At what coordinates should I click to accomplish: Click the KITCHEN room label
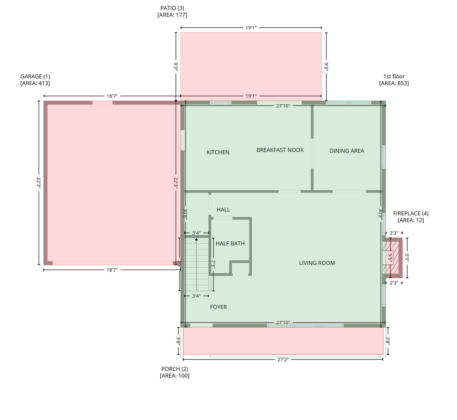click(x=218, y=152)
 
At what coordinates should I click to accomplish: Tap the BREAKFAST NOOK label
click(x=280, y=150)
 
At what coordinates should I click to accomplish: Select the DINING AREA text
click(x=347, y=151)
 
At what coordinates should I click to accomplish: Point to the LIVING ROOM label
click(x=317, y=263)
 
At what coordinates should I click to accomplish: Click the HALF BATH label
click(x=230, y=244)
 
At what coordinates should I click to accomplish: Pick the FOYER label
click(x=218, y=307)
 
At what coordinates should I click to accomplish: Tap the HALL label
click(x=223, y=210)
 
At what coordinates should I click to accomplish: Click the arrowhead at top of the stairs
click(x=196, y=239)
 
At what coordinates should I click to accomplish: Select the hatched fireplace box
click(x=392, y=258)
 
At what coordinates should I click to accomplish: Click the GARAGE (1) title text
click(x=35, y=77)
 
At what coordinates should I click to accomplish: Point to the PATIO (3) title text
click(x=172, y=8)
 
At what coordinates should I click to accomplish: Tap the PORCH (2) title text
click(x=175, y=369)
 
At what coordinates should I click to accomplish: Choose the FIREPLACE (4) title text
click(x=411, y=214)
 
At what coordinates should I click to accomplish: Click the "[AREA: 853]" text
click(x=394, y=83)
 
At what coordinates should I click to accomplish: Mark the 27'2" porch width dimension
click(x=283, y=360)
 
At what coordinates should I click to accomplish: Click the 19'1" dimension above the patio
click(x=251, y=28)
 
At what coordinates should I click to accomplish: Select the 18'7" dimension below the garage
click(x=112, y=270)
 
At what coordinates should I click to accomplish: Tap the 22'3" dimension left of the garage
click(x=39, y=183)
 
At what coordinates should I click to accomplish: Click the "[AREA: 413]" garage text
click(x=35, y=83)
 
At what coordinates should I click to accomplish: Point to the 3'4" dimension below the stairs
click(x=196, y=296)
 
